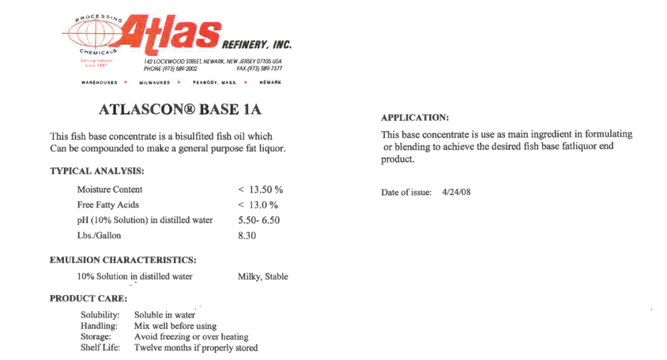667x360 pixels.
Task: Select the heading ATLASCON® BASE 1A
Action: (180, 109)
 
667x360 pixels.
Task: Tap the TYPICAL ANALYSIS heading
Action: (97, 171)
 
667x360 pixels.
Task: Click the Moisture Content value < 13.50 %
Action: (261, 189)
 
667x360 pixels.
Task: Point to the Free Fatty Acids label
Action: (108, 205)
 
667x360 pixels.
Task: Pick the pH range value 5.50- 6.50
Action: (259, 220)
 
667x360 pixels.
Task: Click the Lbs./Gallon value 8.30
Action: (247, 236)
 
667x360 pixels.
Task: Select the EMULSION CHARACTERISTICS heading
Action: (123, 260)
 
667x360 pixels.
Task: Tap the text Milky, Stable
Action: (263, 277)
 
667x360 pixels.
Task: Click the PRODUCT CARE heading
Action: (89, 299)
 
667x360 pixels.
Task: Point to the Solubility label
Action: (100, 315)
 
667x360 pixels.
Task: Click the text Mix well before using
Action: (175, 326)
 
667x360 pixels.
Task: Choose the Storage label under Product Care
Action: (96, 337)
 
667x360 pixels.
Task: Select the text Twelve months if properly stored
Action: (196, 348)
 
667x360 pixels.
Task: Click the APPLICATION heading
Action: (415, 118)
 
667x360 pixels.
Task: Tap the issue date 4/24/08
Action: (456, 193)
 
